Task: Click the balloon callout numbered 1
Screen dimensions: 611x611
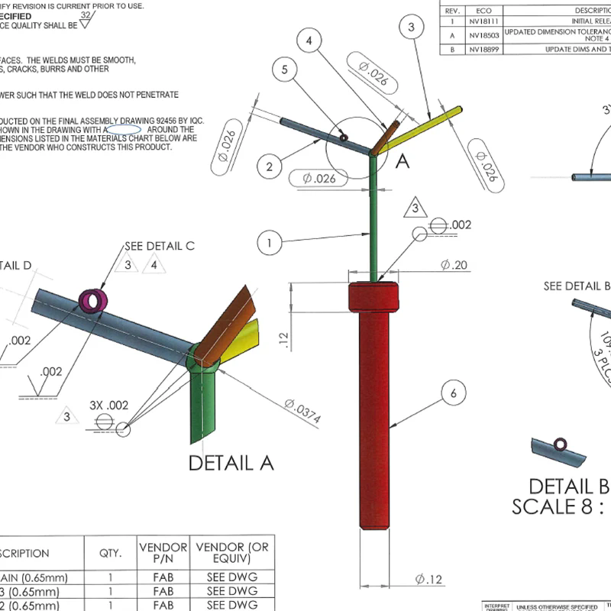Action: (269, 244)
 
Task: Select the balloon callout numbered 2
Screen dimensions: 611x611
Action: (270, 165)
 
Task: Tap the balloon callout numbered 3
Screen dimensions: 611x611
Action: (412, 28)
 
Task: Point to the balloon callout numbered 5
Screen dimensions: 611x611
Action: (284, 70)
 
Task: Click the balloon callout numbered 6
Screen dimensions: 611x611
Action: (453, 393)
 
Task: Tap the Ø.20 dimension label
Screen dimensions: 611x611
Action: (454, 264)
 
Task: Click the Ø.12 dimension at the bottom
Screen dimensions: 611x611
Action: (429, 580)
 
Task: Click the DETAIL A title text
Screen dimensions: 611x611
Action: (231, 463)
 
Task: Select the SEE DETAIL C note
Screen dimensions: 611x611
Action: (160, 246)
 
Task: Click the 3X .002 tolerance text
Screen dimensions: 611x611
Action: (108, 405)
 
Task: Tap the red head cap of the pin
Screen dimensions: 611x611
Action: (374, 297)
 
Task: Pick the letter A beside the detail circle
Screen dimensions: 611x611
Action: (402, 161)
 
